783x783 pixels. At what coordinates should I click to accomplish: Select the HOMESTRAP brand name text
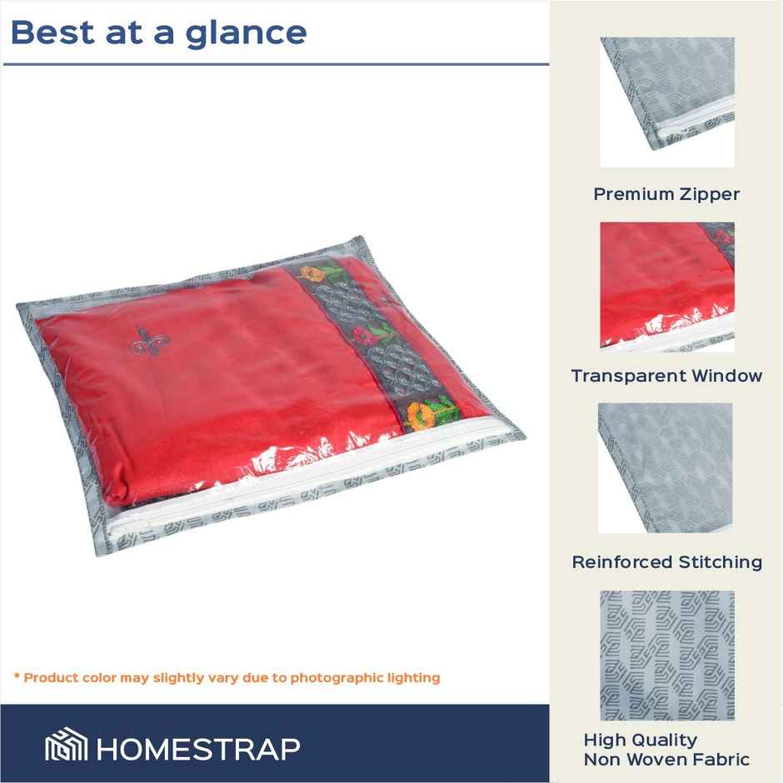click(197, 747)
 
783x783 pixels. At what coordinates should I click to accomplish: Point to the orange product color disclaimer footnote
click(226, 677)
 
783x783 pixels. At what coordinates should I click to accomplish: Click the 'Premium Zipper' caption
click(666, 194)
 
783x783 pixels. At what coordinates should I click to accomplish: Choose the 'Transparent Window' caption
click(666, 376)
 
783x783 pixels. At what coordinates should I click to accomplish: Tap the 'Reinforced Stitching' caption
click(666, 562)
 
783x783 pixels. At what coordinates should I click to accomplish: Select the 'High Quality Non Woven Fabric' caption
click(666, 750)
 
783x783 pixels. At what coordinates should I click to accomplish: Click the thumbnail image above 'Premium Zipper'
click(667, 102)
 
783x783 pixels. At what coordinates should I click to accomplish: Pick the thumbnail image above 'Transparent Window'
click(667, 287)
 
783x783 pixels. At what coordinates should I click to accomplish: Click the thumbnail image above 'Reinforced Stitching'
click(666, 468)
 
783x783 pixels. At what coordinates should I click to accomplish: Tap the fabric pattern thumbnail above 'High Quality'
click(667, 656)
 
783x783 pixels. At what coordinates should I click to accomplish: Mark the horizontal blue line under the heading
click(276, 64)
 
